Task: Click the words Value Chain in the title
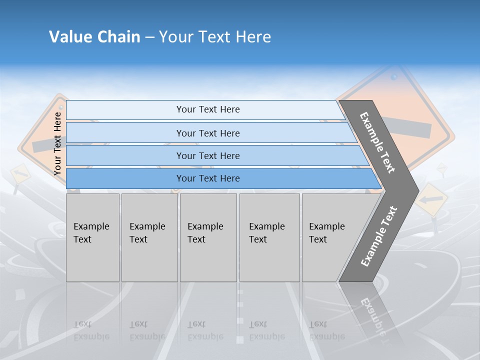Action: coord(94,37)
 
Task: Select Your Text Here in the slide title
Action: coord(215,37)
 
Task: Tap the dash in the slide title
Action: coord(149,37)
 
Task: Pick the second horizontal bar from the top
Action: coord(207,133)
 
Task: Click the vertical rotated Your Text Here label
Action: coord(57,143)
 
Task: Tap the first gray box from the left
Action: coord(92,237)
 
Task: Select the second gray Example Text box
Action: coord(149,237)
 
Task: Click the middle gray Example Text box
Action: coord(208,237)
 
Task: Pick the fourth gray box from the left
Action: coord(269,237)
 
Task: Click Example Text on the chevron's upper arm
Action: coord(377,142)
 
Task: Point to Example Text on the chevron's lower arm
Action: coord(379,236)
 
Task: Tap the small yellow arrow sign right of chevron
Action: coord(431,199)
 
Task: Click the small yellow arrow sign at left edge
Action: coord(19,173)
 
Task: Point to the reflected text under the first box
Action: coord(91,330)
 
